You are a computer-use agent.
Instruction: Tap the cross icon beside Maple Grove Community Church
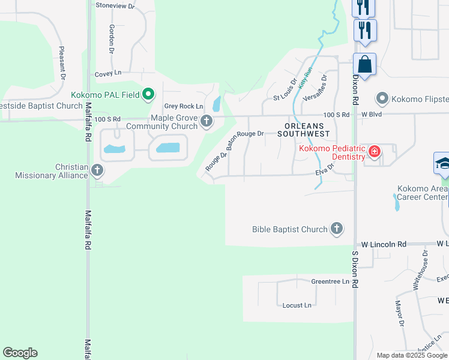[206, 121]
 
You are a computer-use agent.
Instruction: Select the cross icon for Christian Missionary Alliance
[97, 170]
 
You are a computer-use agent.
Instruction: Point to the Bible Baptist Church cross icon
[337, 228]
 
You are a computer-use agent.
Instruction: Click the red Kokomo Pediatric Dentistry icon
[375, 151]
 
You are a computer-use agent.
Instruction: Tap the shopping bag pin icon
[364, 64]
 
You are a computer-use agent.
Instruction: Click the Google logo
[20, 353]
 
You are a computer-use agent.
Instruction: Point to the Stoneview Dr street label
[115, 5]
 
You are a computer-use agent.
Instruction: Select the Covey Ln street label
[108, 74]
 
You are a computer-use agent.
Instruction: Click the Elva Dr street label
[324, 173]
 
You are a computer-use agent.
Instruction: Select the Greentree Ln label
[330, 281]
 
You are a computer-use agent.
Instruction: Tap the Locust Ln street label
[297, 305]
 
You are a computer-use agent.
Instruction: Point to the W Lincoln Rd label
[384, 244]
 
